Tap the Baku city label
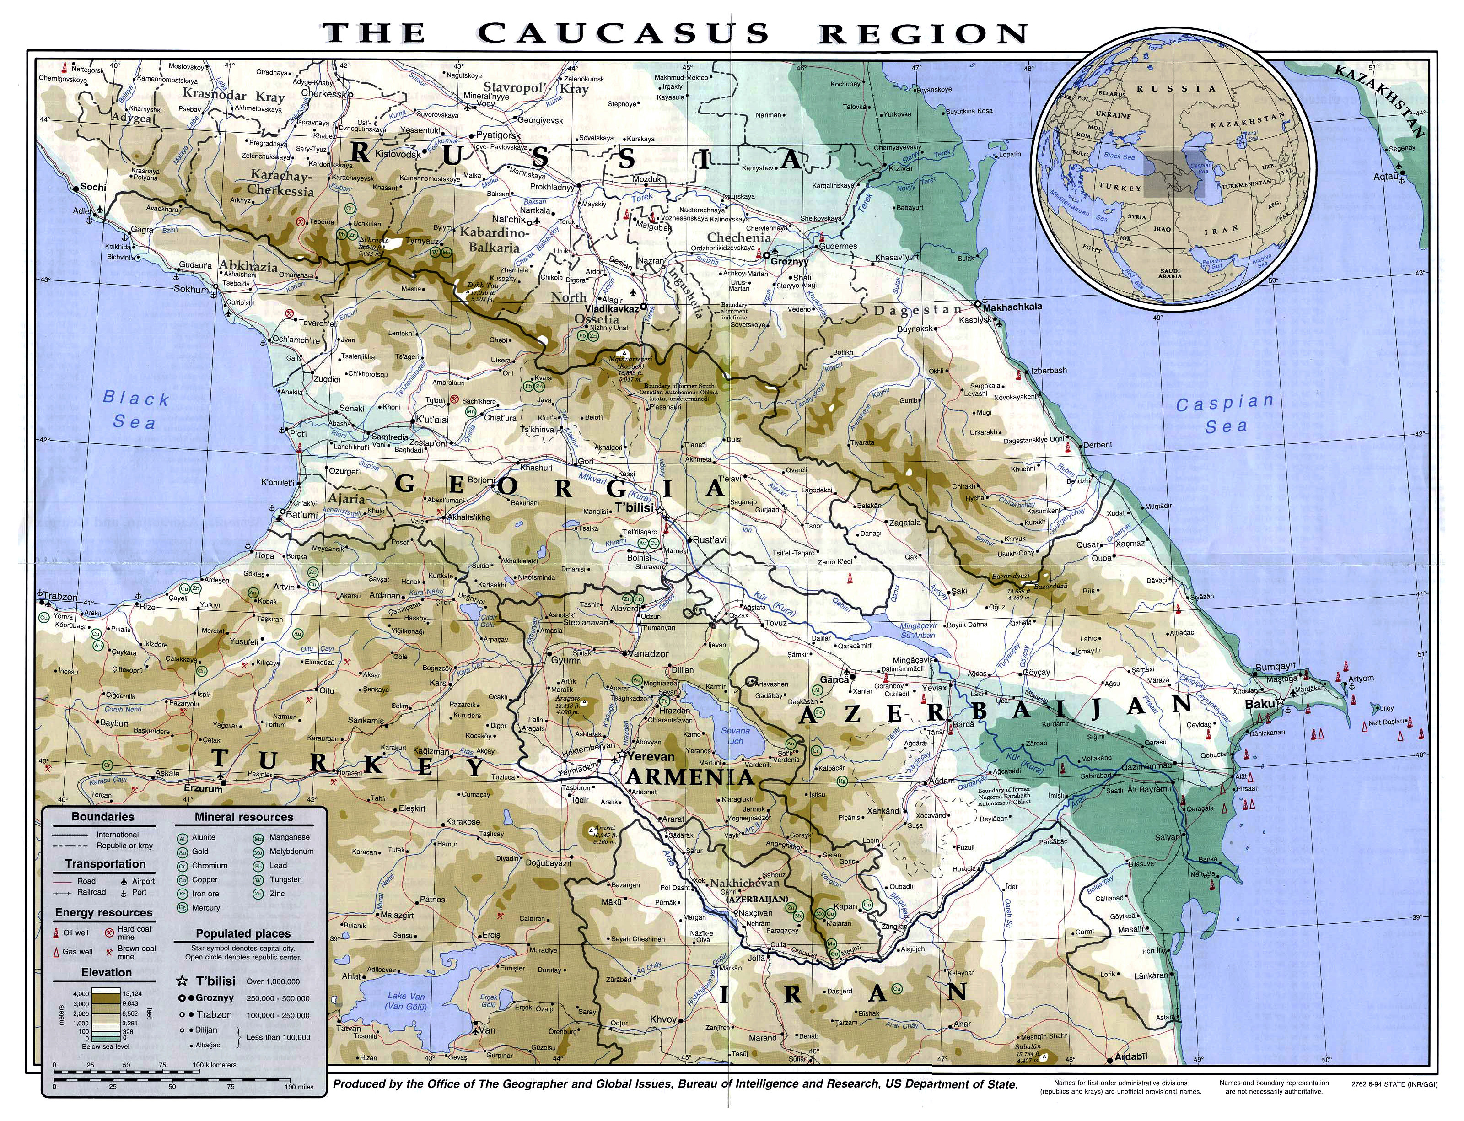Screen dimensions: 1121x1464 tap(1260, 704)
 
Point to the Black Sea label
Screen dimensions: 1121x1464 tap(135, 410)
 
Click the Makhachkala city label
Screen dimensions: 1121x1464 tap(1012, 307)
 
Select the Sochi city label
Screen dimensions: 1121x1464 tap(93, 187)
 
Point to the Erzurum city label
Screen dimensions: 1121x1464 tap(202, 788)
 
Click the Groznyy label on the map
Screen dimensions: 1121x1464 tap(789, 262)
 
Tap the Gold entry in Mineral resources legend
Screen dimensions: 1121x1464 tap(200, 852)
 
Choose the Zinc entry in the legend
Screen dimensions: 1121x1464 tap(277, 894)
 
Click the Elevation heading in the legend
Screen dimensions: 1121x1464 tap(106, 972)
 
